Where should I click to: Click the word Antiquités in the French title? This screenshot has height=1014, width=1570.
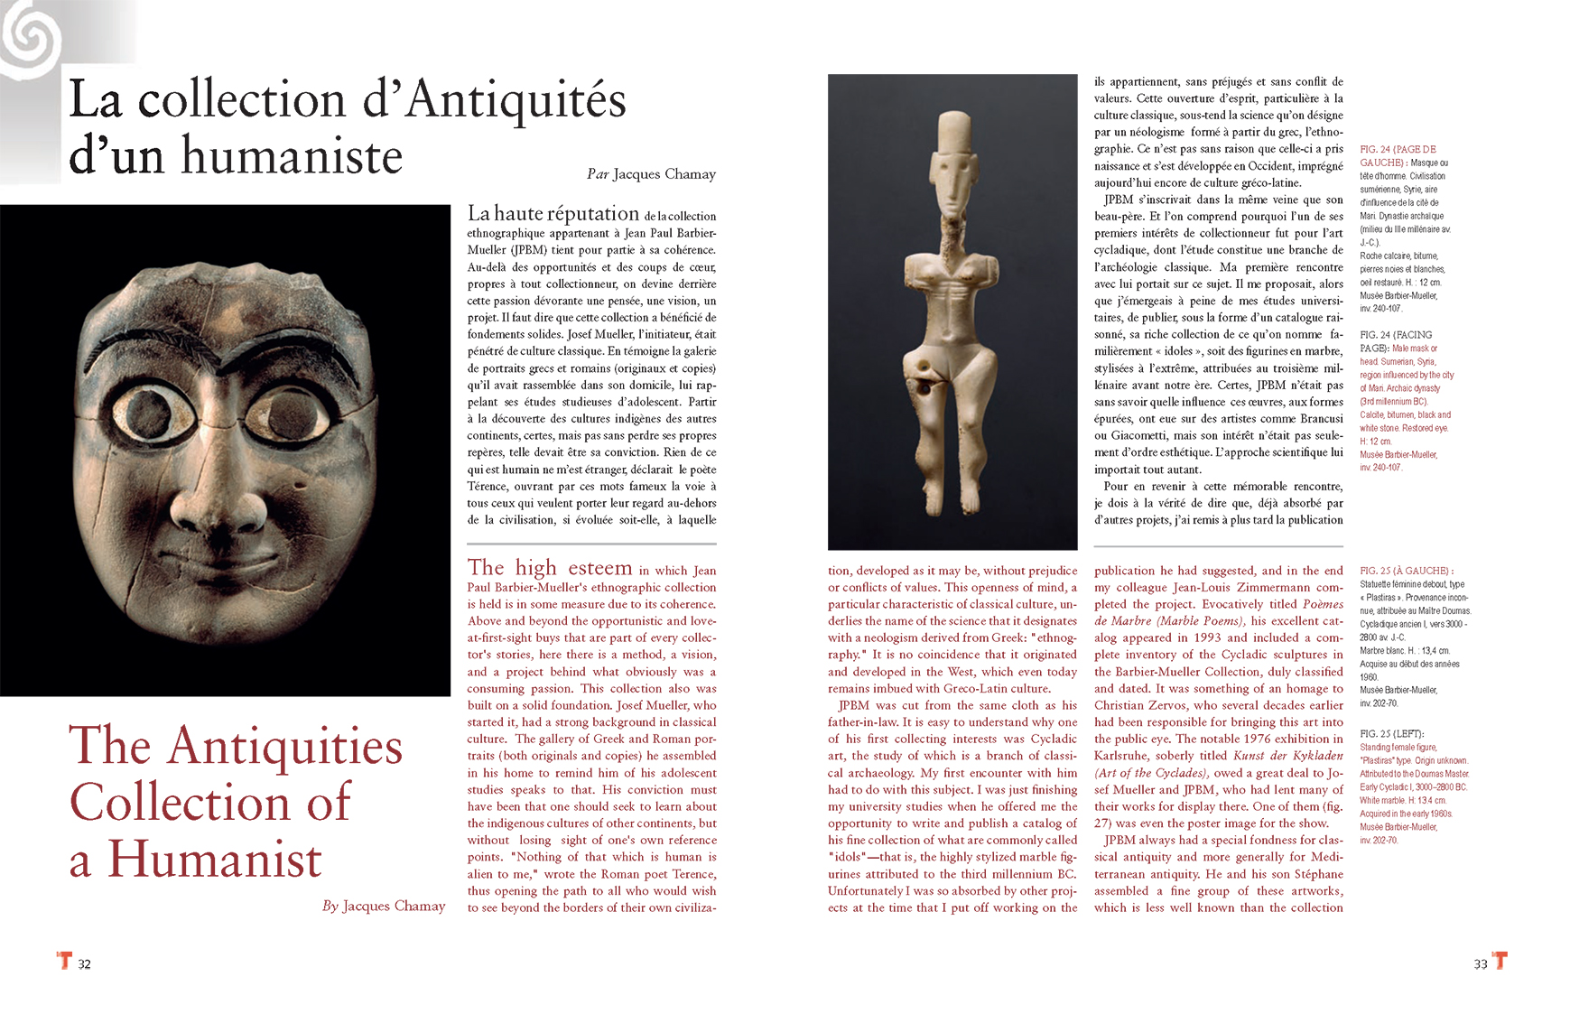[516, 100]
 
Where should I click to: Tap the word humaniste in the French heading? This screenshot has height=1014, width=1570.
[292, 156]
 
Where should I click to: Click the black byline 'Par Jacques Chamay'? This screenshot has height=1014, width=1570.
[651, 174]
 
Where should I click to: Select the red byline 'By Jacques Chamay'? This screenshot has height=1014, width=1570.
[384, 906]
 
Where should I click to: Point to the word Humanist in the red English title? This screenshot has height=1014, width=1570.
[215, 859]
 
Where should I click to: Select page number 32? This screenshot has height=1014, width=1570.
[84, 964]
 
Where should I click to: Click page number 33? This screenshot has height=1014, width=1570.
[1481, 964]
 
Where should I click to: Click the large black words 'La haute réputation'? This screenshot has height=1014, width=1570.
[553, 214]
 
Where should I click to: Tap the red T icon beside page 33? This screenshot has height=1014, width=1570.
[1500, 961]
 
